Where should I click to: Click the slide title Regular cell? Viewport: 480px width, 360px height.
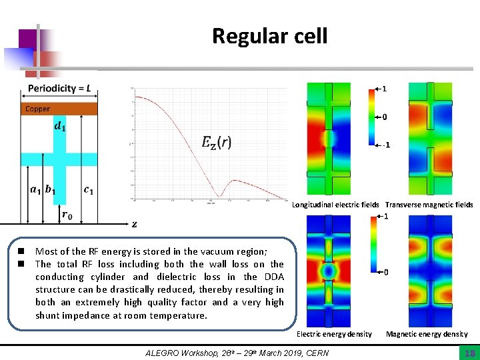tap(269, 35)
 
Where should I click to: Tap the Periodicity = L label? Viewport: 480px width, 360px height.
tap(59, 89)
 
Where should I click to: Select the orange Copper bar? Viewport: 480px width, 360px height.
tap(59, 109)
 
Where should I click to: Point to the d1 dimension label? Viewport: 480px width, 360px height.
tap(60, 127)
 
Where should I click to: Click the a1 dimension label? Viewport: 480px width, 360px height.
tap(35, 190)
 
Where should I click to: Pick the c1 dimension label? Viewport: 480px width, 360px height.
tap(88, 190)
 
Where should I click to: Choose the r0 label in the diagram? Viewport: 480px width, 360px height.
tap(67, 214)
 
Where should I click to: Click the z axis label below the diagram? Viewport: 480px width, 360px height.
tap(134, 225)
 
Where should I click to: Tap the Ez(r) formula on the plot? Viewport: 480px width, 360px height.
tap(217, 142)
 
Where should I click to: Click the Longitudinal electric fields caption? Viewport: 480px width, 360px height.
tap(335, 205)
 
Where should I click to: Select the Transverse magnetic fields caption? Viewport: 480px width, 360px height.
tap(429, 205)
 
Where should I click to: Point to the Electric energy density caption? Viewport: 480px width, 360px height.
tap(334, 334)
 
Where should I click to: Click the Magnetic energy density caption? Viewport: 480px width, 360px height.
tap(427, 334)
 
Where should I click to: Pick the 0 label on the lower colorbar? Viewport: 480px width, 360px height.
tap(386, 272)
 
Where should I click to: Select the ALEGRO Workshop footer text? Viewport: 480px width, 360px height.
tap(237, 353)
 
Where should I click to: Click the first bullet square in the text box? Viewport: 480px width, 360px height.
tap(21, 251)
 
